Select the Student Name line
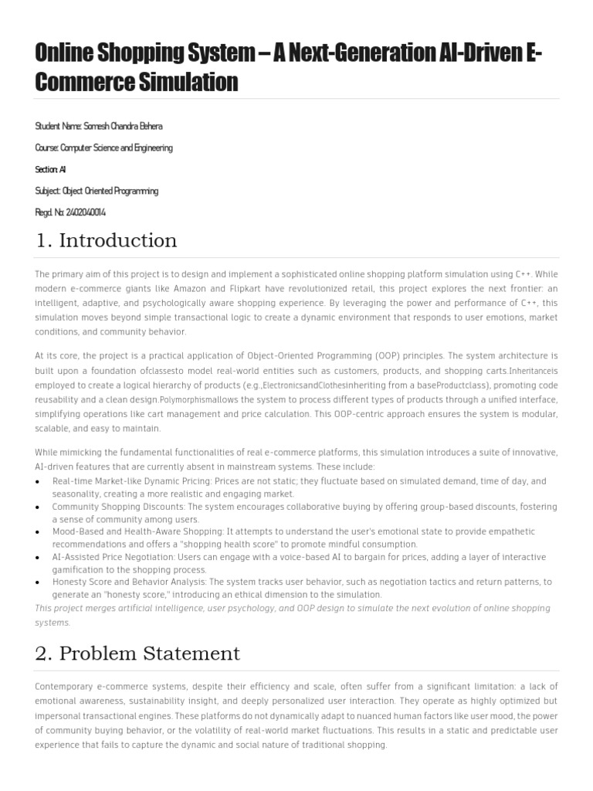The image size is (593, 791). coord(99,126)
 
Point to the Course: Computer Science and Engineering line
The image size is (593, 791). coord(103,148)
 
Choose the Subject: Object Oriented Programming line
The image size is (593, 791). coord(97,191)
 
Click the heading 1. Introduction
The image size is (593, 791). coord(106,240)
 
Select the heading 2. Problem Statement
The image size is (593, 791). coord(137,654)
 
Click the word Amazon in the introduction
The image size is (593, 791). coord(202,288)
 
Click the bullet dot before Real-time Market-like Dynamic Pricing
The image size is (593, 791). coord(39,481)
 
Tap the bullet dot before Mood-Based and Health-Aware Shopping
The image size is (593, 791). coord(39,532)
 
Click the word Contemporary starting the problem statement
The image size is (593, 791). coord(67,686)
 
